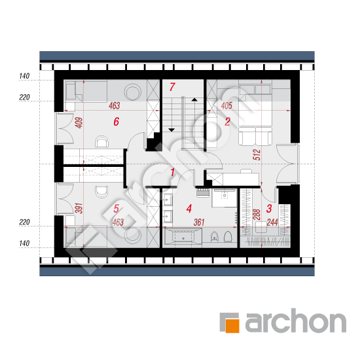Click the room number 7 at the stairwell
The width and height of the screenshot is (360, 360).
point(172,87)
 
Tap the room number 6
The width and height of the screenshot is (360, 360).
point(117,122)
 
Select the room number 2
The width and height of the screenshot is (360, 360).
point(227,122)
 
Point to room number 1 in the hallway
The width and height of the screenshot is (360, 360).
point(173,172)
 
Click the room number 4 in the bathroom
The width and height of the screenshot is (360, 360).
point(189,208)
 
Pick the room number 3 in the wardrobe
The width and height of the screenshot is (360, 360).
point(269,208)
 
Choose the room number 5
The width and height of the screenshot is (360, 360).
point(116,208)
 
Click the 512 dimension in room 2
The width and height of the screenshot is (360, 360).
point(257,154)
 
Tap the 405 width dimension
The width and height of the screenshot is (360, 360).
point(226,105)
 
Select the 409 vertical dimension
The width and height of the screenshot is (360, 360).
point(79,123)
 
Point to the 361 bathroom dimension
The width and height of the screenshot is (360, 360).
point(199,223)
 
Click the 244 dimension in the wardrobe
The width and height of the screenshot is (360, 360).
point(272,223)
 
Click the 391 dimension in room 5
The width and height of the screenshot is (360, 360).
point(79,208)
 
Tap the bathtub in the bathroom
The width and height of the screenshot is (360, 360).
point(183,238)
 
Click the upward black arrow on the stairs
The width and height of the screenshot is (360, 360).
point(194,99)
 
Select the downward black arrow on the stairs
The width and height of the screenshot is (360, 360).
point(171,130)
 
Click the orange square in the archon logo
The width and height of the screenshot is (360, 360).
point(232,325)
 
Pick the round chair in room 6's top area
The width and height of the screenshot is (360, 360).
point(132,92)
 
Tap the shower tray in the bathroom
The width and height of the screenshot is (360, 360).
point(224,198)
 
